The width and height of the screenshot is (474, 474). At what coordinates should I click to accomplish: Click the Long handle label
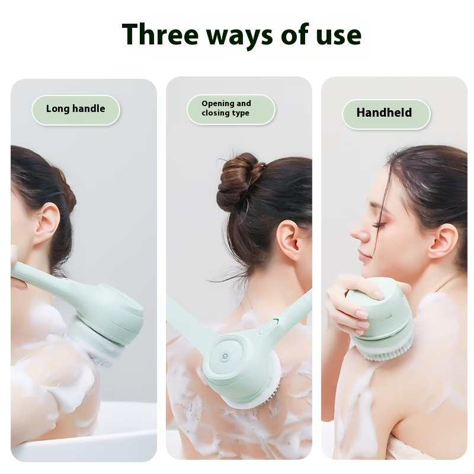[x=75, y=109]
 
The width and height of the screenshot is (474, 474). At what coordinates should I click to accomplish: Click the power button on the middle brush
[x=225, y=358]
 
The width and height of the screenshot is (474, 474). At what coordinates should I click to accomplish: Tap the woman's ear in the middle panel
[x=289, y=240]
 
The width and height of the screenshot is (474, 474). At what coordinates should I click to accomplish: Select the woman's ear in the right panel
[x=443, y=240]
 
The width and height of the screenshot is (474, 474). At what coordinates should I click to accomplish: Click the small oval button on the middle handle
[x=268, y=325]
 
